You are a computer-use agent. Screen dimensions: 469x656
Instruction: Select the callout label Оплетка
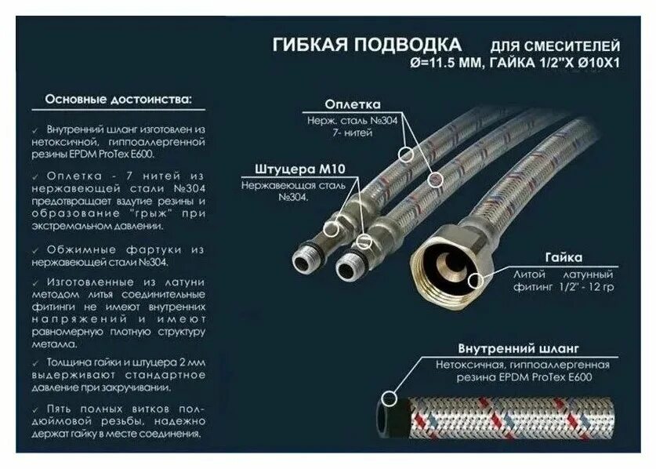click(353, 104)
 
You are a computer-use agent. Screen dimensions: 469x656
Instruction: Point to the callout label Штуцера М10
click(289, 169)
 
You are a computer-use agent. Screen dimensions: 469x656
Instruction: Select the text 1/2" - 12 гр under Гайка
click(583, 288)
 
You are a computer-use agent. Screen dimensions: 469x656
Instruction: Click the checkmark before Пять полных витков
click(38, 409)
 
